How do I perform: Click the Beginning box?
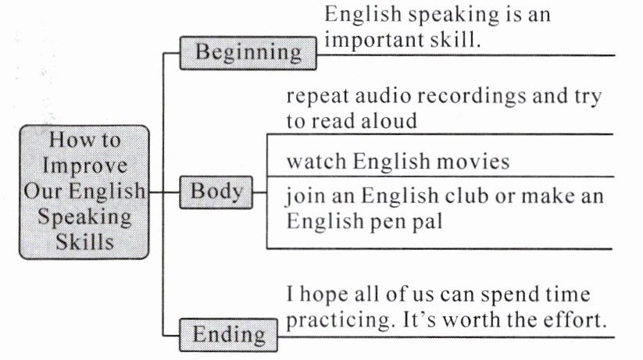[248, 52]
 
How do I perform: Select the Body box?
[216, 191]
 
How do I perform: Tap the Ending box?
[229, 335]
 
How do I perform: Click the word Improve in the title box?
[84, 166]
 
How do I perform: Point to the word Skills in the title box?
[84, 241]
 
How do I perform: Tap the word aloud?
[388, 121]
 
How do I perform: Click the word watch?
[316, 162]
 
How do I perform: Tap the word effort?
[577, 321]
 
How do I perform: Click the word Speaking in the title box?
[84, 216]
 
